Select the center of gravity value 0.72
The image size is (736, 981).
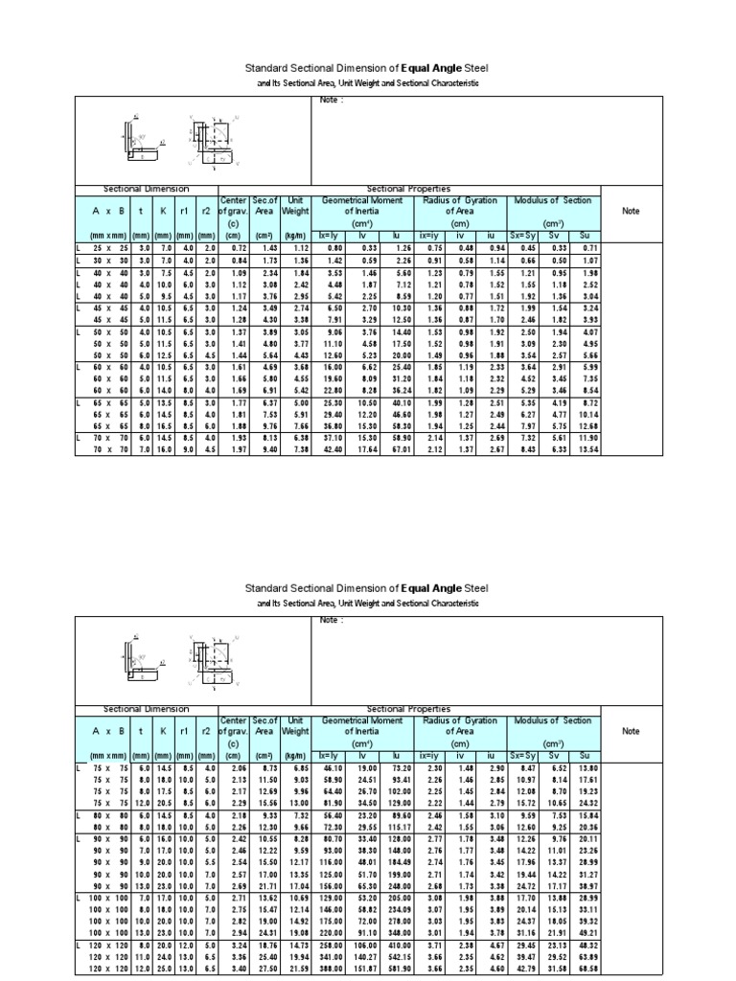click(x=232, y=247)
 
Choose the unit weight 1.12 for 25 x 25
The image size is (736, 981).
click(x=296, y=247)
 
